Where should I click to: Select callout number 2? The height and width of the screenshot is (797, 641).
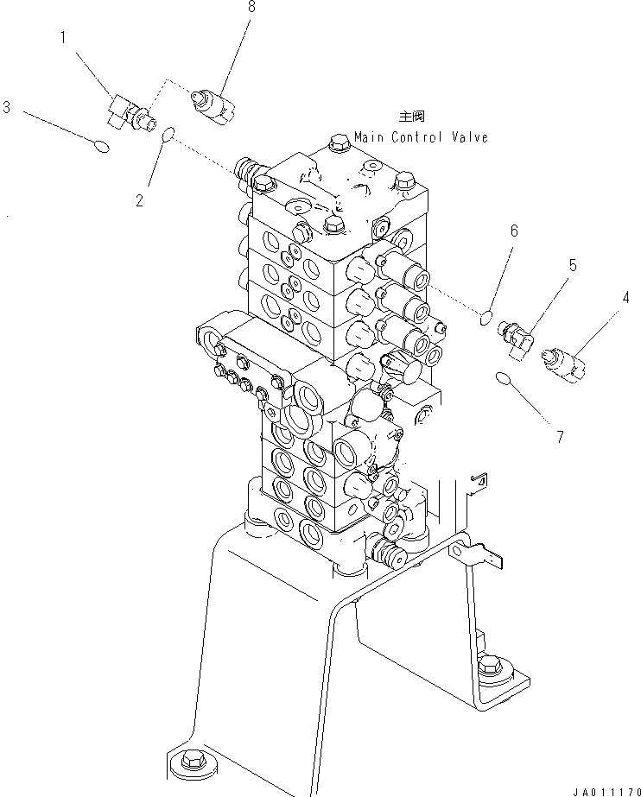tap(138, 201)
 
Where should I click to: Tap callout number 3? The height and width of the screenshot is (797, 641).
tap(6, 108)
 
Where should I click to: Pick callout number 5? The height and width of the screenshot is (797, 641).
tap(571, 264)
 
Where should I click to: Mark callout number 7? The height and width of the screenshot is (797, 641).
tap(558, 436)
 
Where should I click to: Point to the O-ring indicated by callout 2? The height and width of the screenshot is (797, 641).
tap(169, 133)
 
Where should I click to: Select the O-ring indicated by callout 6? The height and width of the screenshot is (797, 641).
tap(487, 321)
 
